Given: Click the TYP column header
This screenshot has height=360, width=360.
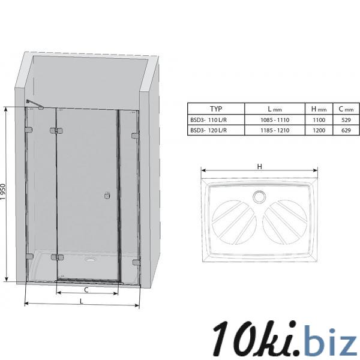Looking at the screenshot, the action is pos(216,109).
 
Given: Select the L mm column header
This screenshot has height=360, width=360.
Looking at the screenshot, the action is pos(275,109).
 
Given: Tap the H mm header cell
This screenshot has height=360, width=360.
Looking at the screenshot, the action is pos(319,109).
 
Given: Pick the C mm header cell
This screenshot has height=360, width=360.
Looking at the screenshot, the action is pos(346,109).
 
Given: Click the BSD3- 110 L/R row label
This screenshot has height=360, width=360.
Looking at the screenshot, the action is pos(208,120).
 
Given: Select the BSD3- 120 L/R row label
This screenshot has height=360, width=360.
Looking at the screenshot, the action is pos(208,130).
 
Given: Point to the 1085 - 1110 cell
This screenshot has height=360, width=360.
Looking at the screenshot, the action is pos(275,120).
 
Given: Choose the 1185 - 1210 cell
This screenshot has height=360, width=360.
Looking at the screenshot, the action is pos(275,130).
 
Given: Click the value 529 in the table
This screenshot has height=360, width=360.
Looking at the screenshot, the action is pos(346,120).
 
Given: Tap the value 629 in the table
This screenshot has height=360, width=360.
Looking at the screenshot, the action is pos(346,130).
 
